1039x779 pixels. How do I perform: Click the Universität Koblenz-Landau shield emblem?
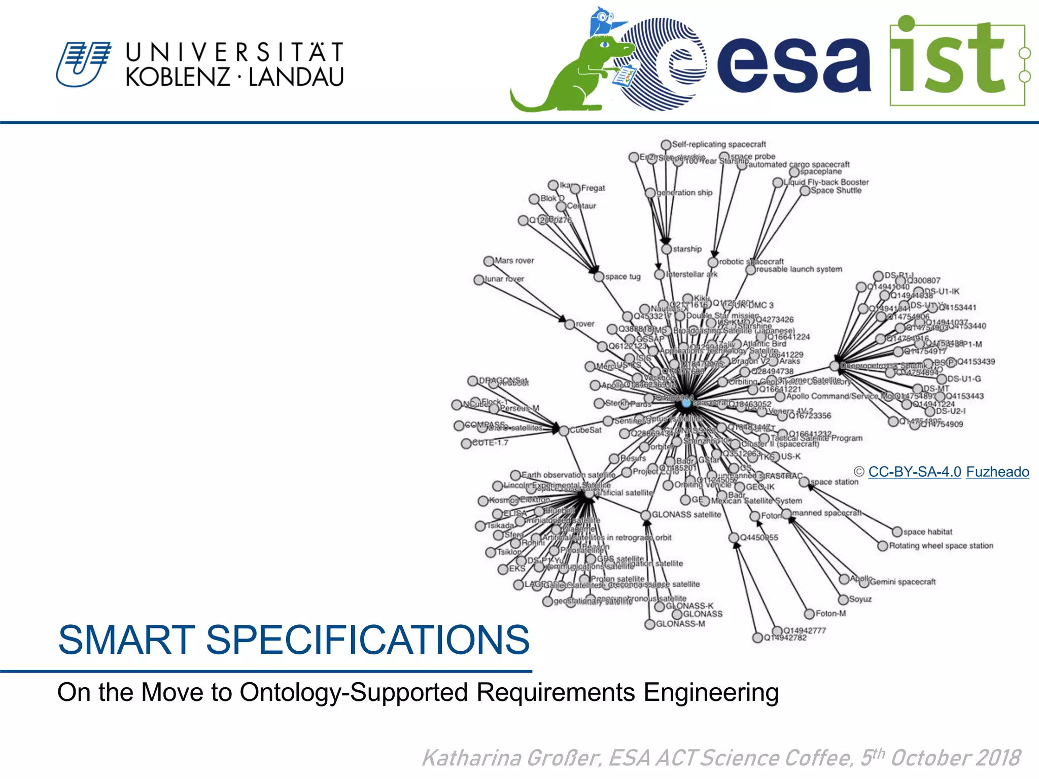click(x=83, y=64)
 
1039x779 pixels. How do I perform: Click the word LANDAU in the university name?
click(x=296, y=77)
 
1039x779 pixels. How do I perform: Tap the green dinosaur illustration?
click(x=563, y=76)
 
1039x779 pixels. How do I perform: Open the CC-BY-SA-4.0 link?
click(x=914, y=472)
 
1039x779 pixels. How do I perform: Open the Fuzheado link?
click(x=997, y=472)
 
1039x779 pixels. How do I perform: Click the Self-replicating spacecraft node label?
click(x=718, y=144)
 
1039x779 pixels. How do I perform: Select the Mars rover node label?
click(x=514, y=261)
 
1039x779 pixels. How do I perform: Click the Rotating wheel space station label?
click(x=941, y=546)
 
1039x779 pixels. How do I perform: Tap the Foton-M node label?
click(x=830, y=614)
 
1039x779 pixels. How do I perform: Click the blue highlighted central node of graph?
click(x=686, y=403)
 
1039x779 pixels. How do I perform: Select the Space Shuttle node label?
click(x=836, y=191)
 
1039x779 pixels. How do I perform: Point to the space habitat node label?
click(x=927, y=532)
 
